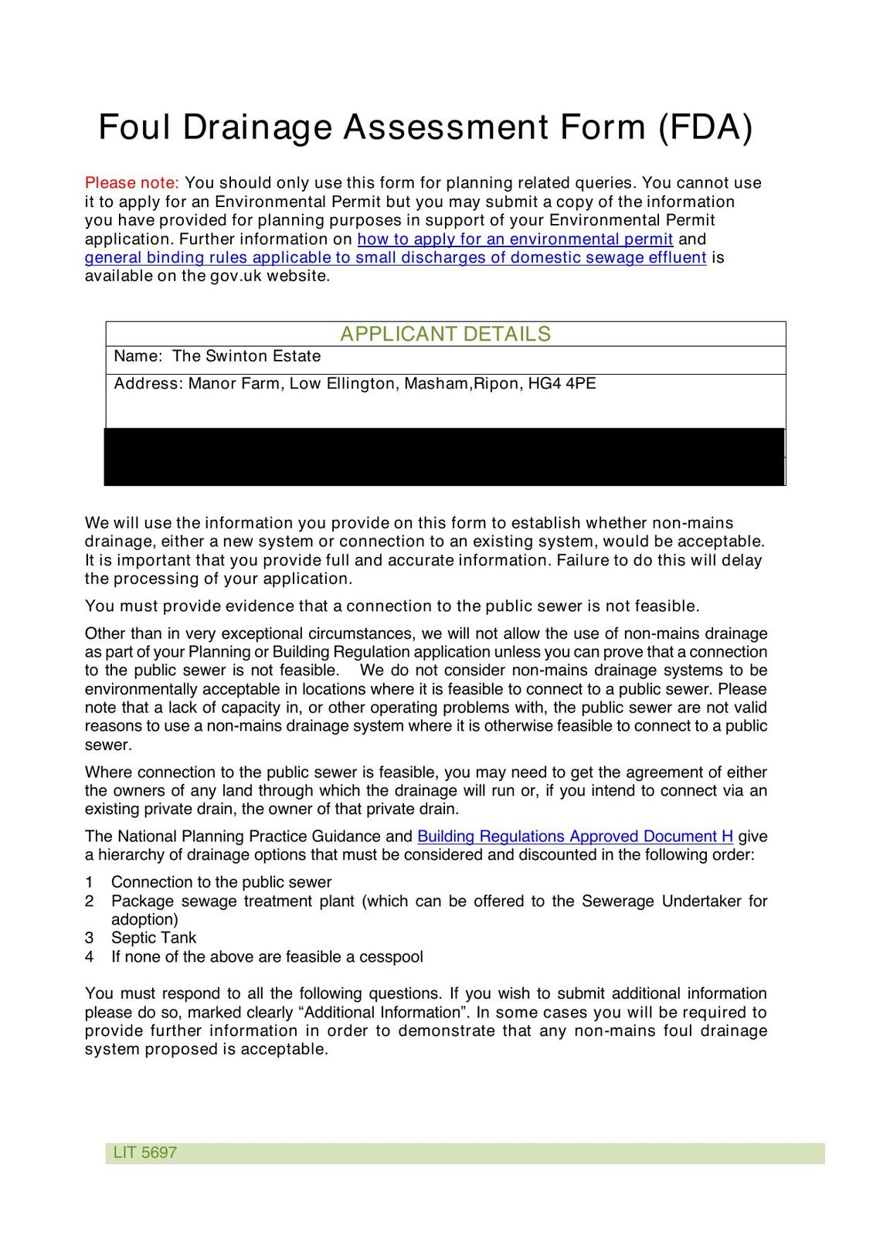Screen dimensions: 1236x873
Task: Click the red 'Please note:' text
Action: pos(131,183)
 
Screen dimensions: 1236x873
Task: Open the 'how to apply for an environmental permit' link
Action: pos(515,239)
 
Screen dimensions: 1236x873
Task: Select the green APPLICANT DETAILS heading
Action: pos(445,334)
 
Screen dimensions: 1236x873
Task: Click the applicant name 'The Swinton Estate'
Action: pos(246,356)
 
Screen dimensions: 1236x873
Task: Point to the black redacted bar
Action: pos(445,457)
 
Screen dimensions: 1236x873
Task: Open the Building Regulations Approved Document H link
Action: pos(575,837)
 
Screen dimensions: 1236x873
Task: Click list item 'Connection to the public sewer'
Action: pos(221,882)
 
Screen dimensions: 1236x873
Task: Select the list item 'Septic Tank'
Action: pos(154,938)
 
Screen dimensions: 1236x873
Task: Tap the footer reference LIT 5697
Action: pos(145,1153)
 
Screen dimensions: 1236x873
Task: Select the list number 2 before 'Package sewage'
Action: pos(90,902)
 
